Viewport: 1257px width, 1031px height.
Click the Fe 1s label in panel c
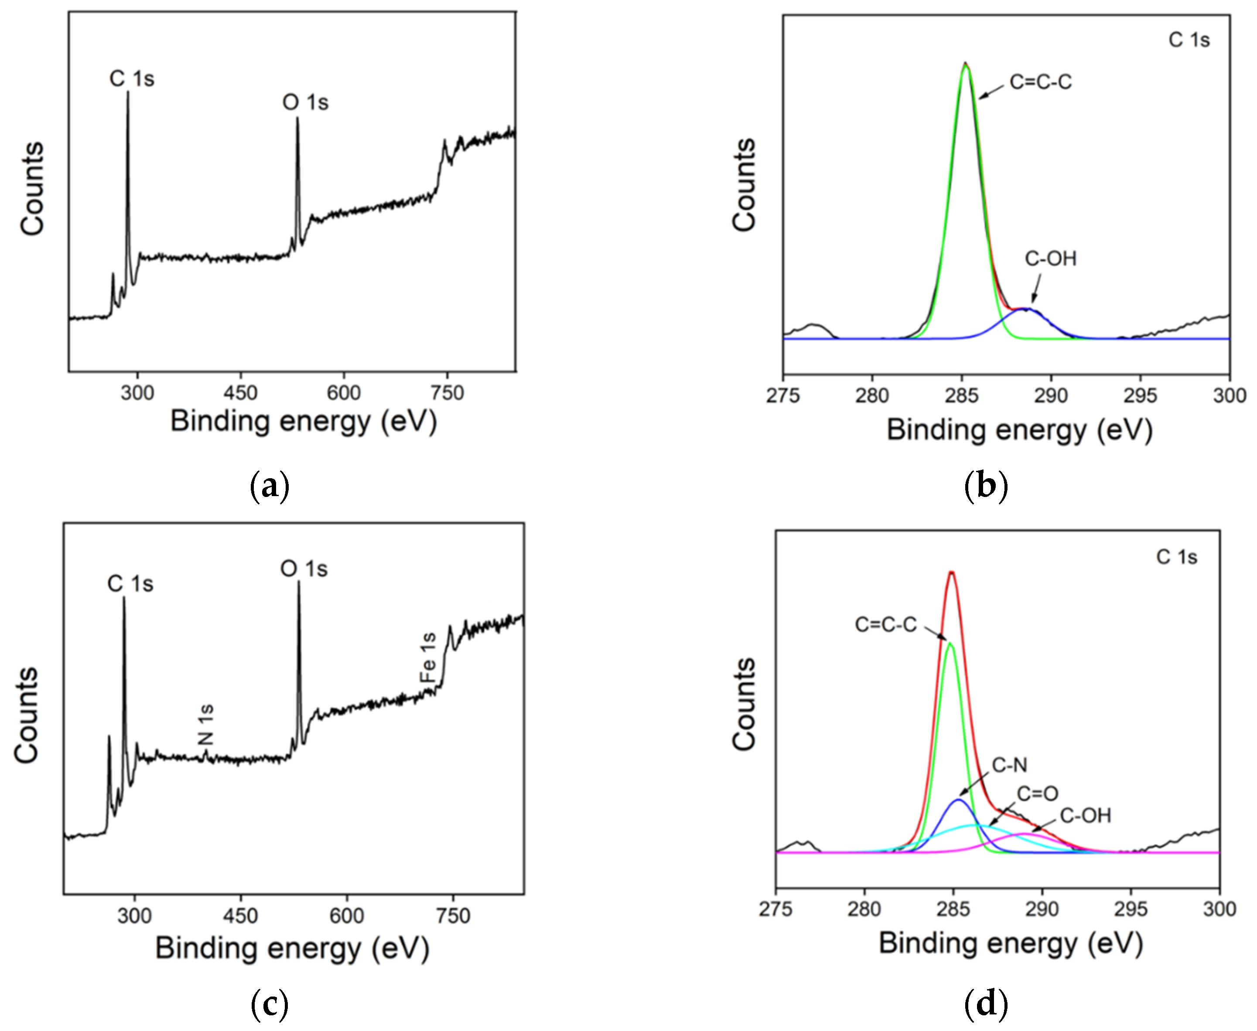point(428,658)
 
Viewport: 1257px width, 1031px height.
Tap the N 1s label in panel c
point(205,725)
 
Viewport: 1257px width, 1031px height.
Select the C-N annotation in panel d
point(1009,766)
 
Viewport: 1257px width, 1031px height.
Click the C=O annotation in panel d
point(1037,793)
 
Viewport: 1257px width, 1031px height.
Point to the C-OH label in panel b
point(1050,259)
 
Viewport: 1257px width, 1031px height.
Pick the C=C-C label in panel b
point(1041,82)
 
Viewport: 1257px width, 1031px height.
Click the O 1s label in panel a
point(305,103)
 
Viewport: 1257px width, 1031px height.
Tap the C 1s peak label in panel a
point(132,79)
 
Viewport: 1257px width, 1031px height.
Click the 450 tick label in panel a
point(241,393)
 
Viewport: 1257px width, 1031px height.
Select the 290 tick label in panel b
point(1051,395)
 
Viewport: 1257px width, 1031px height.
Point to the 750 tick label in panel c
point(453,916)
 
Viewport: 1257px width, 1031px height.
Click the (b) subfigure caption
point(986,486)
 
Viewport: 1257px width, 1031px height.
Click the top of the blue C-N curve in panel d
point(958,800)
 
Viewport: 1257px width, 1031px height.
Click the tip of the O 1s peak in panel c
point(298,582)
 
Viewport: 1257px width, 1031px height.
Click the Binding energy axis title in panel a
point(304,422)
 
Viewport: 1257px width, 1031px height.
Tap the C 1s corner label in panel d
point(1176,557)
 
